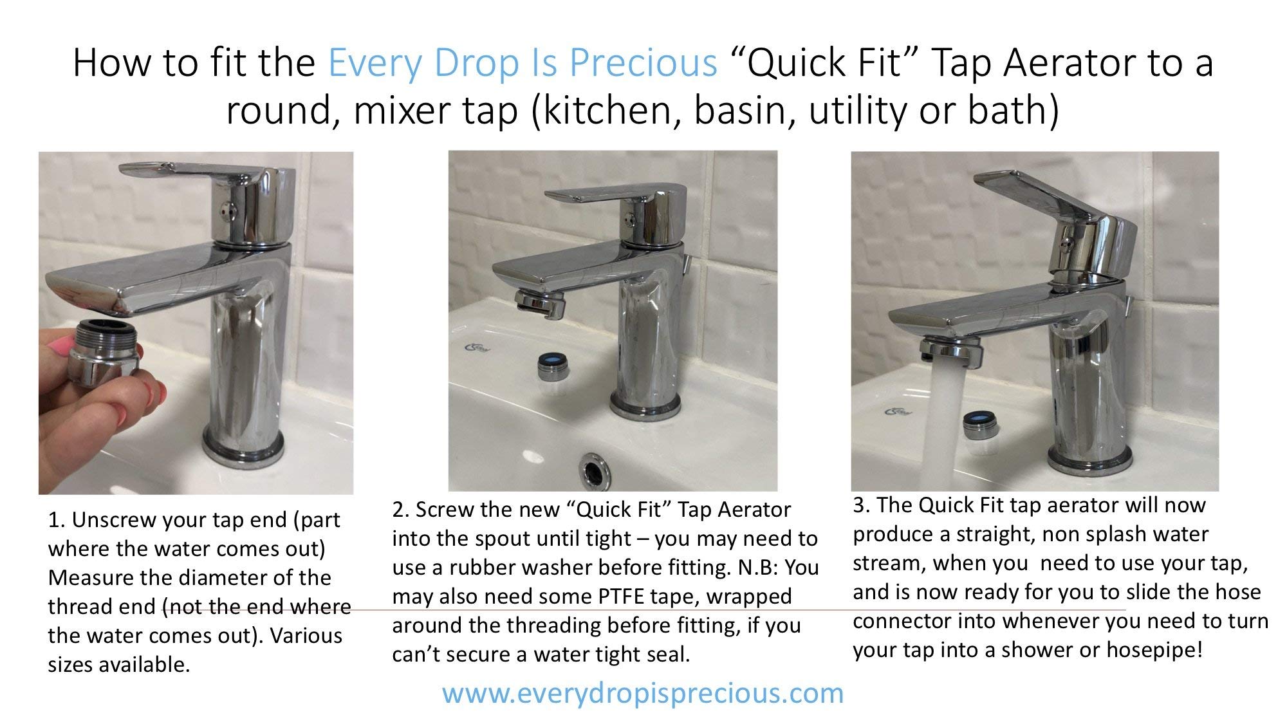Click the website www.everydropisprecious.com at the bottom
pyautogui.click(x=642, y=693)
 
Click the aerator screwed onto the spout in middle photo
pyautogui.click(x=541, y=302)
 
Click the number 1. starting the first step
pyautogui.click(x=56, y=520)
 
